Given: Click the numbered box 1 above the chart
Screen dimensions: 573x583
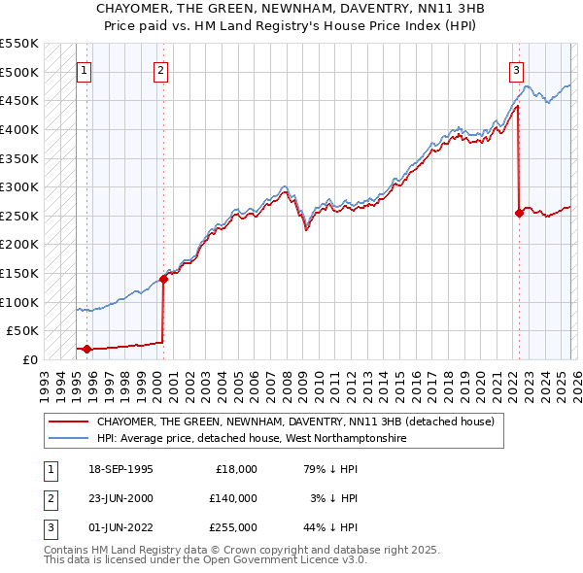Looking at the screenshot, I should pos(84,70).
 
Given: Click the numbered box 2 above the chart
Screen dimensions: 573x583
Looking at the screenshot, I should pos(160,70).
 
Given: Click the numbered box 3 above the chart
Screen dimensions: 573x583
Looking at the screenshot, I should pos(516,70).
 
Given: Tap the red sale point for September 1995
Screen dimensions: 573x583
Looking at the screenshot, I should pos(87,349).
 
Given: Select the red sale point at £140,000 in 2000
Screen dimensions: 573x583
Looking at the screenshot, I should pos(163,279).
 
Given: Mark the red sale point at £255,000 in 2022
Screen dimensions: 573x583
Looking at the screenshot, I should pos(519,213).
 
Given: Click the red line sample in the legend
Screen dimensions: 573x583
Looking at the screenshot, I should pos(68,421).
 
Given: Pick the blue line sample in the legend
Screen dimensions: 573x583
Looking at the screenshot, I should pos(68,439).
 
